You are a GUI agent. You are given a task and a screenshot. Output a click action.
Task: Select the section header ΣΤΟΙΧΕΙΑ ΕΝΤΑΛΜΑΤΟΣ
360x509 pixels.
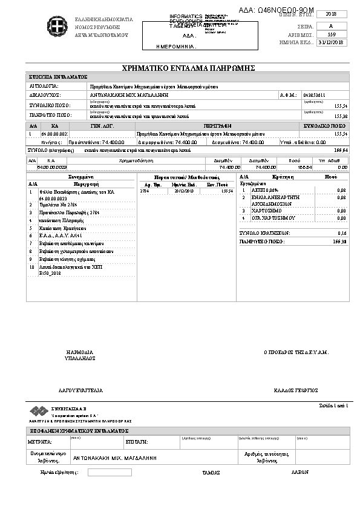[x=59, y=77]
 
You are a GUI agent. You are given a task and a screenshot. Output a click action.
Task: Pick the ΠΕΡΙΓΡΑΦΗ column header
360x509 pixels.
[x=217, y=126]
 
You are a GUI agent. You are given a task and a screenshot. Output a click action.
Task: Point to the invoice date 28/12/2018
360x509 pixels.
[x=183, y=191]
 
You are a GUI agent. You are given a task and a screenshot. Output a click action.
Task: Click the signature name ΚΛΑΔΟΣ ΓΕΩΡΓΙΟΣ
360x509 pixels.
[x=296, y=390]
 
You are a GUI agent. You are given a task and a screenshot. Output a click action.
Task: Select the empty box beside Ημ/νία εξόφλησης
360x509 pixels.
[x=109, y=472]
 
